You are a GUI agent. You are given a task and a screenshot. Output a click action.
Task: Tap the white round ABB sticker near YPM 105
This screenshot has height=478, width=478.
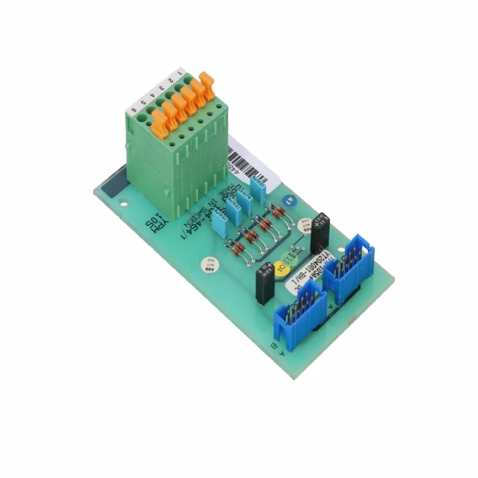point(210,262)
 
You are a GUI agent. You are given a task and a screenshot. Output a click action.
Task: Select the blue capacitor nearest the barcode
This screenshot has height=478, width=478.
point(258,190)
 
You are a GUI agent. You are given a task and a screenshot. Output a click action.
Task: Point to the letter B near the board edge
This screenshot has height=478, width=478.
point(274,346)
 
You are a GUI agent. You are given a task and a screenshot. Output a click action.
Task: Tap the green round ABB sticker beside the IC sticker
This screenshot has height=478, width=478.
point(292,256)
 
